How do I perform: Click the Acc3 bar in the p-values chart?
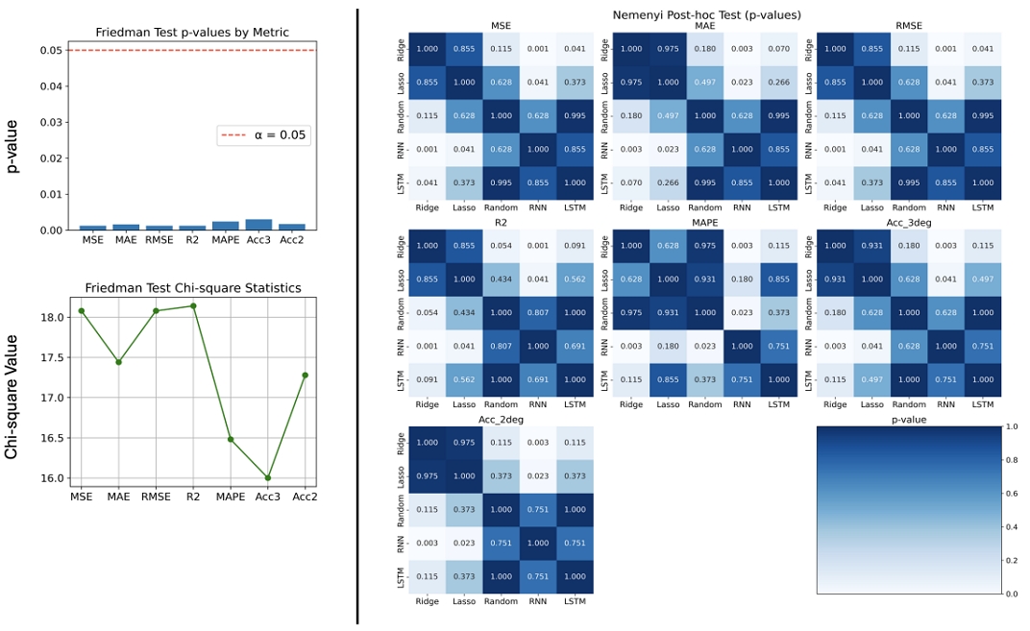pyautogui.click(x=258, y=225)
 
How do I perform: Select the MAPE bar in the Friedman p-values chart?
pyautogui.click(x=226, y=226)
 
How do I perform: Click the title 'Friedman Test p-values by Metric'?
pyautogui.click(x=193, y=33)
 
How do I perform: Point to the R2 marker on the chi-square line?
pyautogui.click(x=194, y=305)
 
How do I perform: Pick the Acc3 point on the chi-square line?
pyautogui.click(x=268, y=477)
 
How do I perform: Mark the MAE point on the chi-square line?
pyautogui.click(x=118, y=362)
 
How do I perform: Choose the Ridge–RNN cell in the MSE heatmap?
pyautogui.click(x=537, y=48)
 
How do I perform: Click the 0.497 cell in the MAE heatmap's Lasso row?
pyautogui.click(x=704, y=82)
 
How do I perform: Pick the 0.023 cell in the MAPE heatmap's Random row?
pyautogui.click(x=741, y=311)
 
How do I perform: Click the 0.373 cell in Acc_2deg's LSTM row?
pyautogui.click(x=464, y=575)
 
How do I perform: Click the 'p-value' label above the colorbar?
pyautogui.click(x=908, y=420)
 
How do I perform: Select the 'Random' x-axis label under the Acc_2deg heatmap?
pyautogui.click(x=501, y=601)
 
